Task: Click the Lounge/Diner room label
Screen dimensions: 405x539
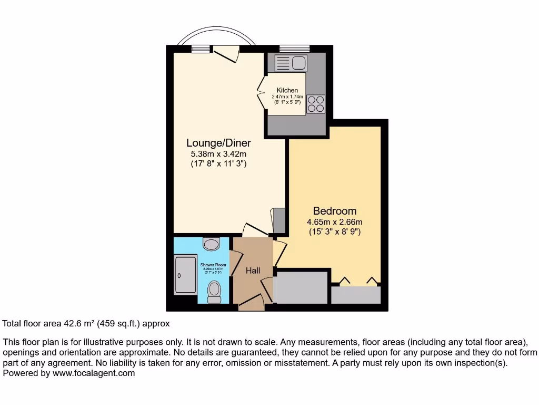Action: pos(218,143)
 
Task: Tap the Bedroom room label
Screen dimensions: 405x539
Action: pos(335,211)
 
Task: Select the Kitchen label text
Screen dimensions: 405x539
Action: pos(287,91)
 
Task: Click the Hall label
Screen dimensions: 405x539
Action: pos(253,271)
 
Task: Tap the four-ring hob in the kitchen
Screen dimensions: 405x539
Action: pos(316,103)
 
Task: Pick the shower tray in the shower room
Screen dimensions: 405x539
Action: pos(185,275)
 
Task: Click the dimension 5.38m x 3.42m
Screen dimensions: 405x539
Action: pos(218,154)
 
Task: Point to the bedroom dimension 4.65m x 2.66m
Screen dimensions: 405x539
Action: pos(335,222)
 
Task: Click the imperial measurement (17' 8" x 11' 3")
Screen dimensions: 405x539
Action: pos(218,164)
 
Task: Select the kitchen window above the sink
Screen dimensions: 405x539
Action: pos(294,49)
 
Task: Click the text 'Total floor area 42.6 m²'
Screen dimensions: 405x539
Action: pos(55,323)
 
